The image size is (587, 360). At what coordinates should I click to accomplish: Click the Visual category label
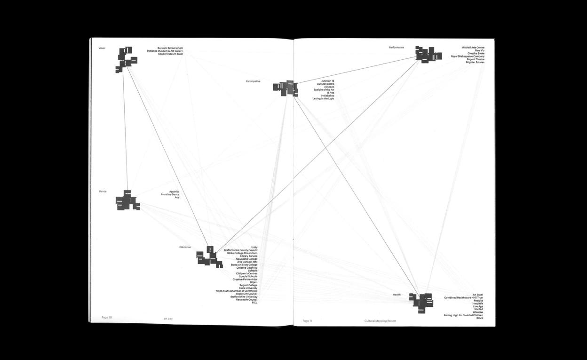point(102,48)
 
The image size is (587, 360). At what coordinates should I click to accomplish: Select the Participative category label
point(253,81)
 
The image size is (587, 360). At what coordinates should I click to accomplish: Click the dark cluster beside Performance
point(428,55)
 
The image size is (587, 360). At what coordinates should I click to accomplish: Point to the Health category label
point(397,295)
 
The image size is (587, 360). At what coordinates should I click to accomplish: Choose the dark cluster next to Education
point(209,257)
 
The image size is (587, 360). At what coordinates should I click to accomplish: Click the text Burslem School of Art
point(170,48)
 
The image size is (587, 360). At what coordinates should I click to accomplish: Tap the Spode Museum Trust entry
point(170,54)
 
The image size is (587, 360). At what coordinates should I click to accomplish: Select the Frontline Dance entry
point(170,195)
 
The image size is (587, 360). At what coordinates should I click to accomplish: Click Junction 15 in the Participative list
point(328,81)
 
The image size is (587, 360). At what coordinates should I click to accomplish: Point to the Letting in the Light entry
point(323,99)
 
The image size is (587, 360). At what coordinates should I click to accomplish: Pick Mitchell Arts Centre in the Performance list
point(473,48)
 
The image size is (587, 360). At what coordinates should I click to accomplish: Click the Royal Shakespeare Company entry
point(468,56)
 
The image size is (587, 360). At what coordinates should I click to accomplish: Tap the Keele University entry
point(248,288)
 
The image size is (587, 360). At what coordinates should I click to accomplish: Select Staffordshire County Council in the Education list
point(240,250)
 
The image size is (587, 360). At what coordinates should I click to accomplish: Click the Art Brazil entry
point(477,295)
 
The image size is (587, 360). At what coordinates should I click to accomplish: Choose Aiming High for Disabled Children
point(463,315)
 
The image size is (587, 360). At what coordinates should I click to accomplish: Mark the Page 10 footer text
point(107,317)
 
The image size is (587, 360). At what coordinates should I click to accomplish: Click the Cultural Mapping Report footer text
point(380,321)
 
